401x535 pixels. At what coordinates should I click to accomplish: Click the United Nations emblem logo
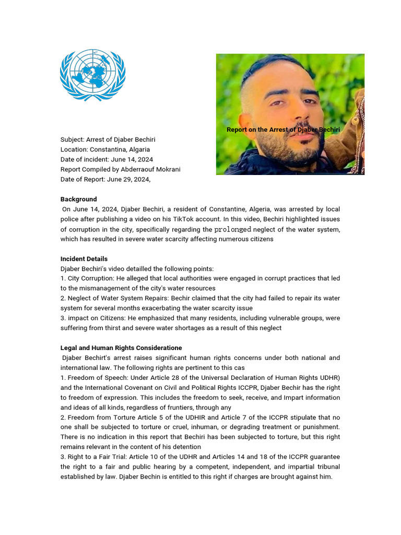92,75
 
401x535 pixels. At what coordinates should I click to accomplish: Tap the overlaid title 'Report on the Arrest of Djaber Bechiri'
283,130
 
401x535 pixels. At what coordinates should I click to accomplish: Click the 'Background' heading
78,199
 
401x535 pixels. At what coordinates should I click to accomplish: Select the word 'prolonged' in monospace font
233,229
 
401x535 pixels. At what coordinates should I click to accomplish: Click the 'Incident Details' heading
84,259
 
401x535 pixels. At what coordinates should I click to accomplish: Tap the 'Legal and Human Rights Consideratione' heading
121,348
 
